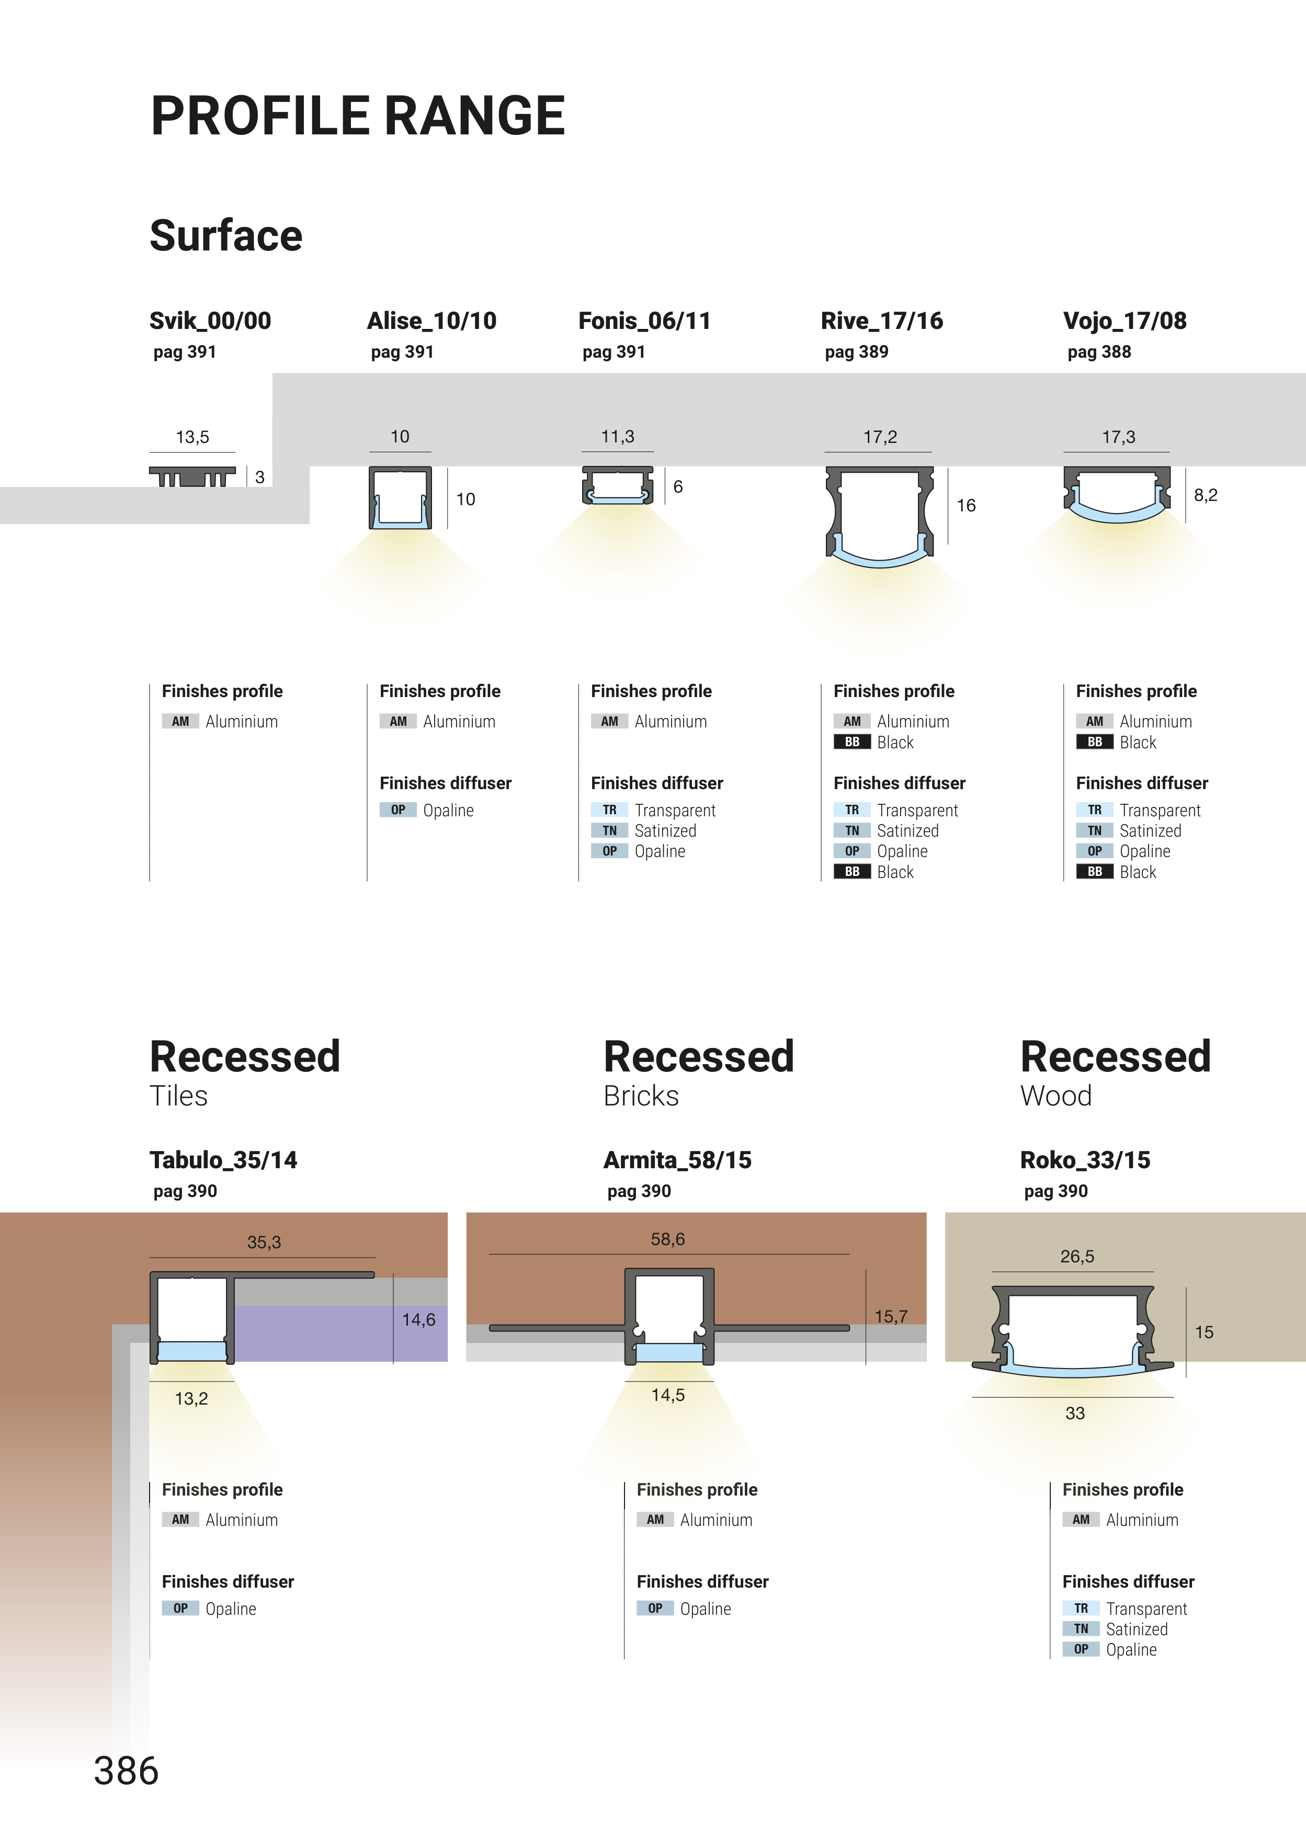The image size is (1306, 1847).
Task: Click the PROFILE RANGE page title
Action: tap(358, 116)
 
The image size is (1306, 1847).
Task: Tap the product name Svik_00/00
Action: tap(210, 321)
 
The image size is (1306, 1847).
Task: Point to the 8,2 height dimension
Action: tap(1206, 495)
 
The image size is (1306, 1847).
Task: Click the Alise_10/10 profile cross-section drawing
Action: tap(400, 497)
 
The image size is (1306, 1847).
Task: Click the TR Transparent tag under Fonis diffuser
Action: tap(609, 810)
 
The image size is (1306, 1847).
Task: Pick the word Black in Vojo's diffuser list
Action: tap(1137, 872)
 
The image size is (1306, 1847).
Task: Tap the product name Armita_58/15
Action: tap(677, 1160)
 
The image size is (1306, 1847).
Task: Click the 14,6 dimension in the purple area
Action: tap(418, 1319)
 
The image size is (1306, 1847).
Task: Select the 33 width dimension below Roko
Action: tap(1075, 1413)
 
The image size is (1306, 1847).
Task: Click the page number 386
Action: tap(127, 1771)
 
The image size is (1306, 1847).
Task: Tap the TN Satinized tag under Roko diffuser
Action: tap(1081, 1629)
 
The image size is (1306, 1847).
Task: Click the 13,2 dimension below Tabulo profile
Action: tap(191, 1399)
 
